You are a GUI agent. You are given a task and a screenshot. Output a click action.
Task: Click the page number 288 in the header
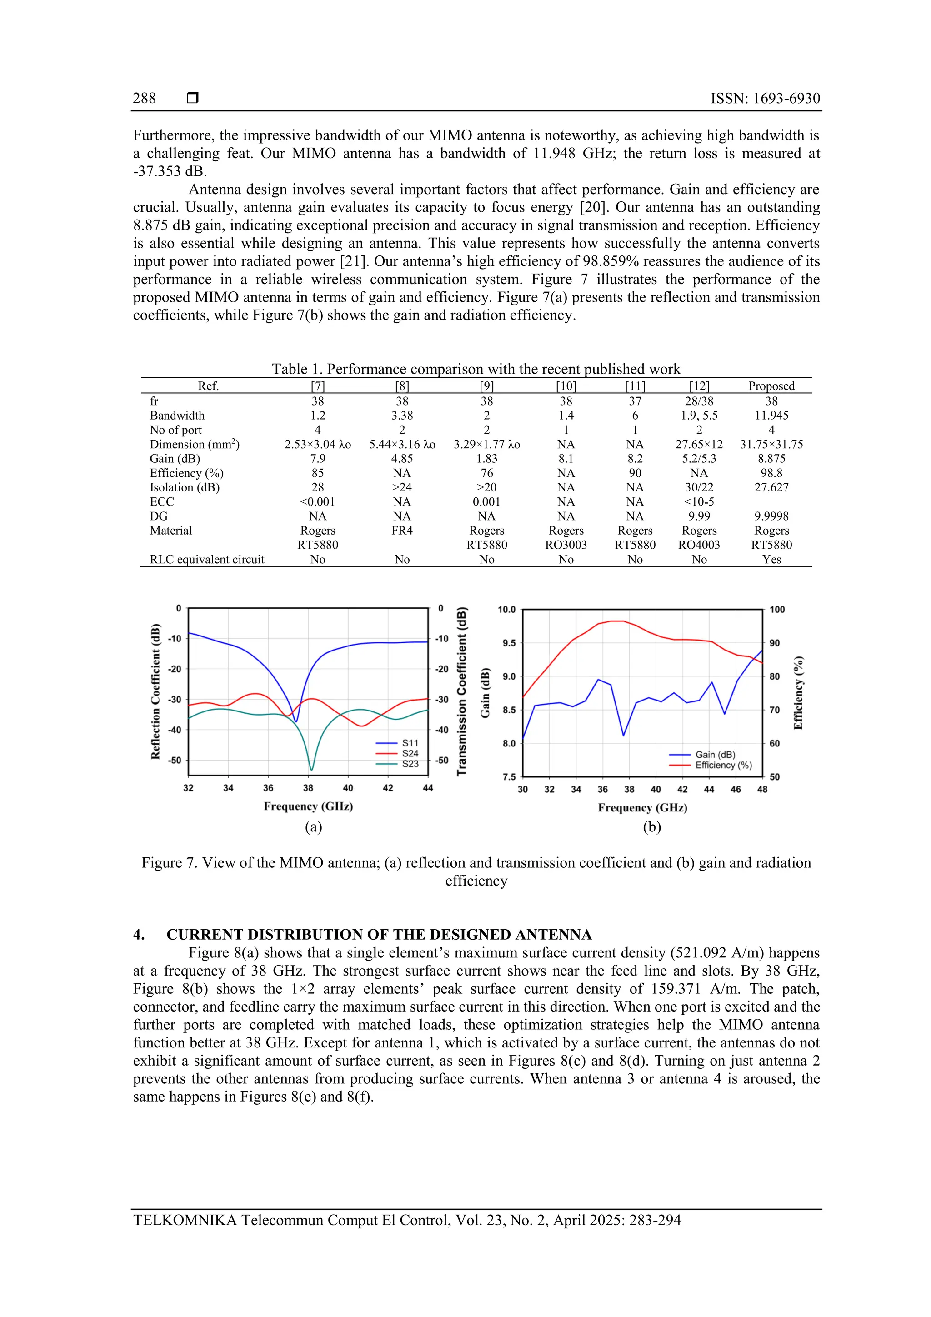pos(144,98)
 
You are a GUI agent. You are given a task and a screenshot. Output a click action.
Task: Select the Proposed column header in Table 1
pos(771,386)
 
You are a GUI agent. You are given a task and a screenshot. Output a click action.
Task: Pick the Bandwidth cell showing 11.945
pos(771,416)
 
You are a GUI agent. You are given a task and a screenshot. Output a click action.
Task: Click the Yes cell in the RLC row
pos(771,559)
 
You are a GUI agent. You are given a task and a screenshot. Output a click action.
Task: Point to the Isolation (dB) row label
pos(184,487)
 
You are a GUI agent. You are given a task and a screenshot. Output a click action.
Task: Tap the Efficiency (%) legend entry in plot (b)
pos(723,765)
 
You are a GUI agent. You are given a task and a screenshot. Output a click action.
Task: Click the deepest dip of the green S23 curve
pos(311,769)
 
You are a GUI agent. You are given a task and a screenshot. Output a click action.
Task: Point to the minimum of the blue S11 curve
pos(296,721)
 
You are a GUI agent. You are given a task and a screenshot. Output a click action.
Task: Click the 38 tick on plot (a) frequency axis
pos(308,788)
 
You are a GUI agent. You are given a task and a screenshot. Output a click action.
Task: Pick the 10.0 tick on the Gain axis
pos(506,610)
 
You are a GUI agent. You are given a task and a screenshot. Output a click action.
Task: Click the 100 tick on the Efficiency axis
pos(777,610)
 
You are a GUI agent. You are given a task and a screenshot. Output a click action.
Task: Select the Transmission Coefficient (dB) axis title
pos(462,692)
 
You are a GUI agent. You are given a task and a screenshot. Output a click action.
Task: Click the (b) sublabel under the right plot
pos(651,827)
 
